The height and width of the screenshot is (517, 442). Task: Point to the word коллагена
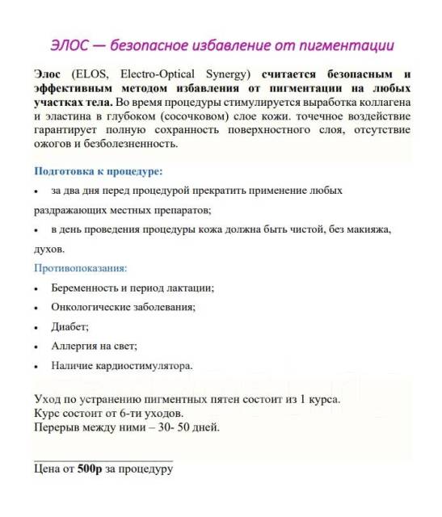tap(381, 106)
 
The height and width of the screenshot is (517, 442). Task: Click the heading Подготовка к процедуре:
tap(99, 172)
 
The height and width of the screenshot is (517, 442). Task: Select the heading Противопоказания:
tap(81, 267)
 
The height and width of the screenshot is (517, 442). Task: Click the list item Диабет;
tap(69, 326)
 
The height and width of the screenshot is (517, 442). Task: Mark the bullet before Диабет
tap(36, 328)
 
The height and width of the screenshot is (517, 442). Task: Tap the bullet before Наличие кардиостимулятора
tap(36, 367)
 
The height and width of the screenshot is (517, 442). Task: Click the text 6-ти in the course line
tap(116, 414)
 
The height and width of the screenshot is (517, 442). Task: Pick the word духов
tap(49, 250)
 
